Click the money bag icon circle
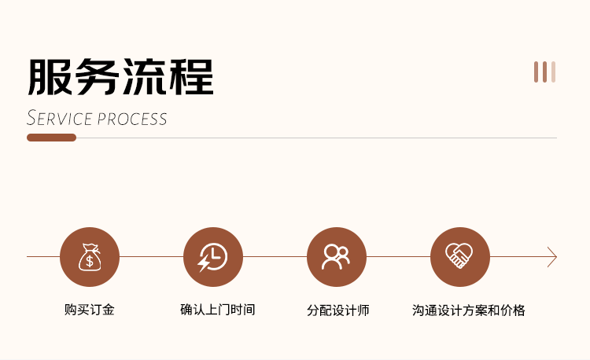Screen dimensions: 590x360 coord(90,257)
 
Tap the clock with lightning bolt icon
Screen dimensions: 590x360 coord(213,257)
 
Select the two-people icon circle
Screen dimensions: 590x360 coord(337,257)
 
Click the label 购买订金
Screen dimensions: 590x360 coord(90,310)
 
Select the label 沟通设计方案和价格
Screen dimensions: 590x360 coord(469,310)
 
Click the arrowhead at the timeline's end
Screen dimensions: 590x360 coord(552,257)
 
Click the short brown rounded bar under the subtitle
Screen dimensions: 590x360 coord(51,138)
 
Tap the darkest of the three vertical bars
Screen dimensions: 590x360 coord(537,72)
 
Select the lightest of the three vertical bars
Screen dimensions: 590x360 coord(553,72)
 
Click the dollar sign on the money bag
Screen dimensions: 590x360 coord(90,260)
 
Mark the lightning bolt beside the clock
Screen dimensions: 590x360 coord(205,263)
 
